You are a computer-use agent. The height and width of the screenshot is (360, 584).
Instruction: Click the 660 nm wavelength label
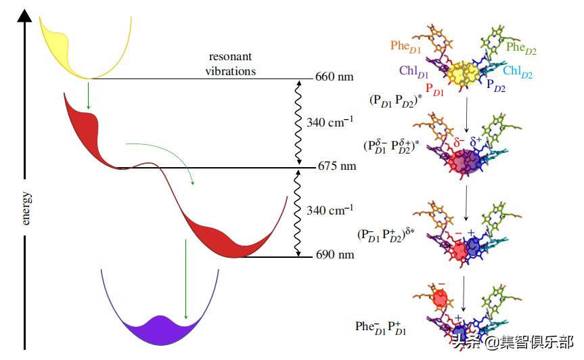[x=334, y=77]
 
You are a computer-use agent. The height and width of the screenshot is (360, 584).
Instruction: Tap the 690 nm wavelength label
[x=334, y=256]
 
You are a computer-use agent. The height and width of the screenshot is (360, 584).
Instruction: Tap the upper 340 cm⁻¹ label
[x=330, y=122]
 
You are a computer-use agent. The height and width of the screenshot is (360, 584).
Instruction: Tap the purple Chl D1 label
[x=413, y=70]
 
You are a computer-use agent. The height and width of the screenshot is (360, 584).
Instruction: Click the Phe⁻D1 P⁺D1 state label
[x=381, y=328]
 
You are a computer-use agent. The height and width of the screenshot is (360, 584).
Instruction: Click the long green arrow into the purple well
[x=185, y=277]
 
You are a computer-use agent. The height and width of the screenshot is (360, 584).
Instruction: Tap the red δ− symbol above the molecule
[x=458, y=143]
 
